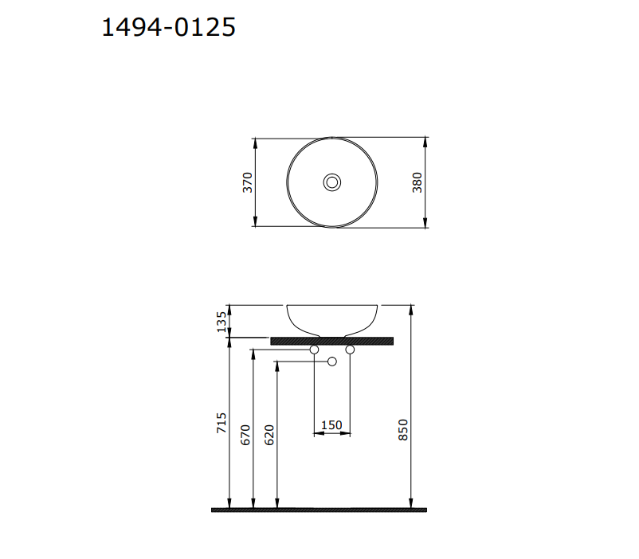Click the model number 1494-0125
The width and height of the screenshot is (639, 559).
pos(169,28)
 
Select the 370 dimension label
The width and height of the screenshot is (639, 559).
pos(248,182)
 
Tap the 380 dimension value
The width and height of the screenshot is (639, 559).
pos(417,182)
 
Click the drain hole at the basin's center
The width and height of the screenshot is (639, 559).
pos(332,183)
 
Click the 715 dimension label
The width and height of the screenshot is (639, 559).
pos(221,422)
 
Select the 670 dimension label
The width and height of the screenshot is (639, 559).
pos(245,434)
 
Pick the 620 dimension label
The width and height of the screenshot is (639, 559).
pos(269,434)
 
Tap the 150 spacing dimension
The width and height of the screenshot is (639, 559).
pos(331,425)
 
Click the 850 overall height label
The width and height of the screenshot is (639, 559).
pos(403,430)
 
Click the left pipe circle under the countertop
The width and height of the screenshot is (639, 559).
pos(314,350)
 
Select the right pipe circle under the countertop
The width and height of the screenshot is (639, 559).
pos(350,350)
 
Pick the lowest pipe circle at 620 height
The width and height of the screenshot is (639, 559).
pos(332,362)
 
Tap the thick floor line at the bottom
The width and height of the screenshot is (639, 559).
pos(319,510)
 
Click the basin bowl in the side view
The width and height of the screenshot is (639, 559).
pos(332,319)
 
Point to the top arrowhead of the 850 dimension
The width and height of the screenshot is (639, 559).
pos(411,308)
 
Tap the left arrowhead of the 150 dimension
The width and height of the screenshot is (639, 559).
pos(317,435)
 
